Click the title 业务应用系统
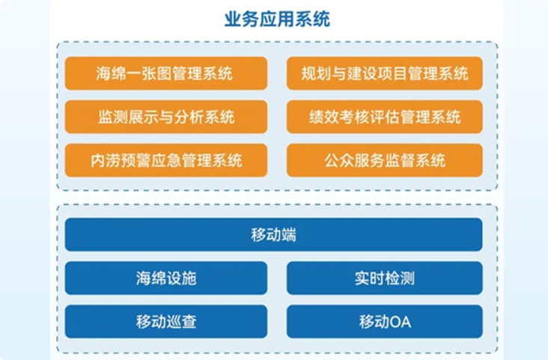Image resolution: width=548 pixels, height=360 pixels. click(277, 19)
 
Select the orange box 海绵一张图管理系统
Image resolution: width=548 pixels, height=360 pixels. click(166, 73)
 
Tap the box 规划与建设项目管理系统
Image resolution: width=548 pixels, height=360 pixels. click(385, 73)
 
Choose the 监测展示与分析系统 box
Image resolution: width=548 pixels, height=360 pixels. click(166, 117)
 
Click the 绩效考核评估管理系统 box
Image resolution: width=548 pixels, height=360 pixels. click(385, 117)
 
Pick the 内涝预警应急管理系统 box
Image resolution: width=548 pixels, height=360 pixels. click(166, 160)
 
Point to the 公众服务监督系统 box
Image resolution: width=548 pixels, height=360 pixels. click(385, 160)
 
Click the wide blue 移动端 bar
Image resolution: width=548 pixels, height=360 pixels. click(274, 234)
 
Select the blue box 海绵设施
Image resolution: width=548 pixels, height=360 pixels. click(166, 278)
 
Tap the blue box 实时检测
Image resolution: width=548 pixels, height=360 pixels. click(385, 278)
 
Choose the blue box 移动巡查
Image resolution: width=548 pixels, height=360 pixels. click(166, 322)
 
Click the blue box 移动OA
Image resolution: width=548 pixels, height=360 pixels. click(385, 322)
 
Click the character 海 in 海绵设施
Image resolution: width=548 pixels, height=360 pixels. click(143, 278)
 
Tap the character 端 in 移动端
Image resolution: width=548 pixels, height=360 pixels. click(289, 234)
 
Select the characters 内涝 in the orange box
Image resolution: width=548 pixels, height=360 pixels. click(106, 160)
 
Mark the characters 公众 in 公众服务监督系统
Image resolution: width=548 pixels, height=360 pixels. click(339, 160)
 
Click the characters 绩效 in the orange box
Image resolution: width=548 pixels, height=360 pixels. click(324, 117)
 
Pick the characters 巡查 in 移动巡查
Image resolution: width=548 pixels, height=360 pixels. click(181, 322)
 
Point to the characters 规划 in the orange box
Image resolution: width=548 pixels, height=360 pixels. click(316, 73)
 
